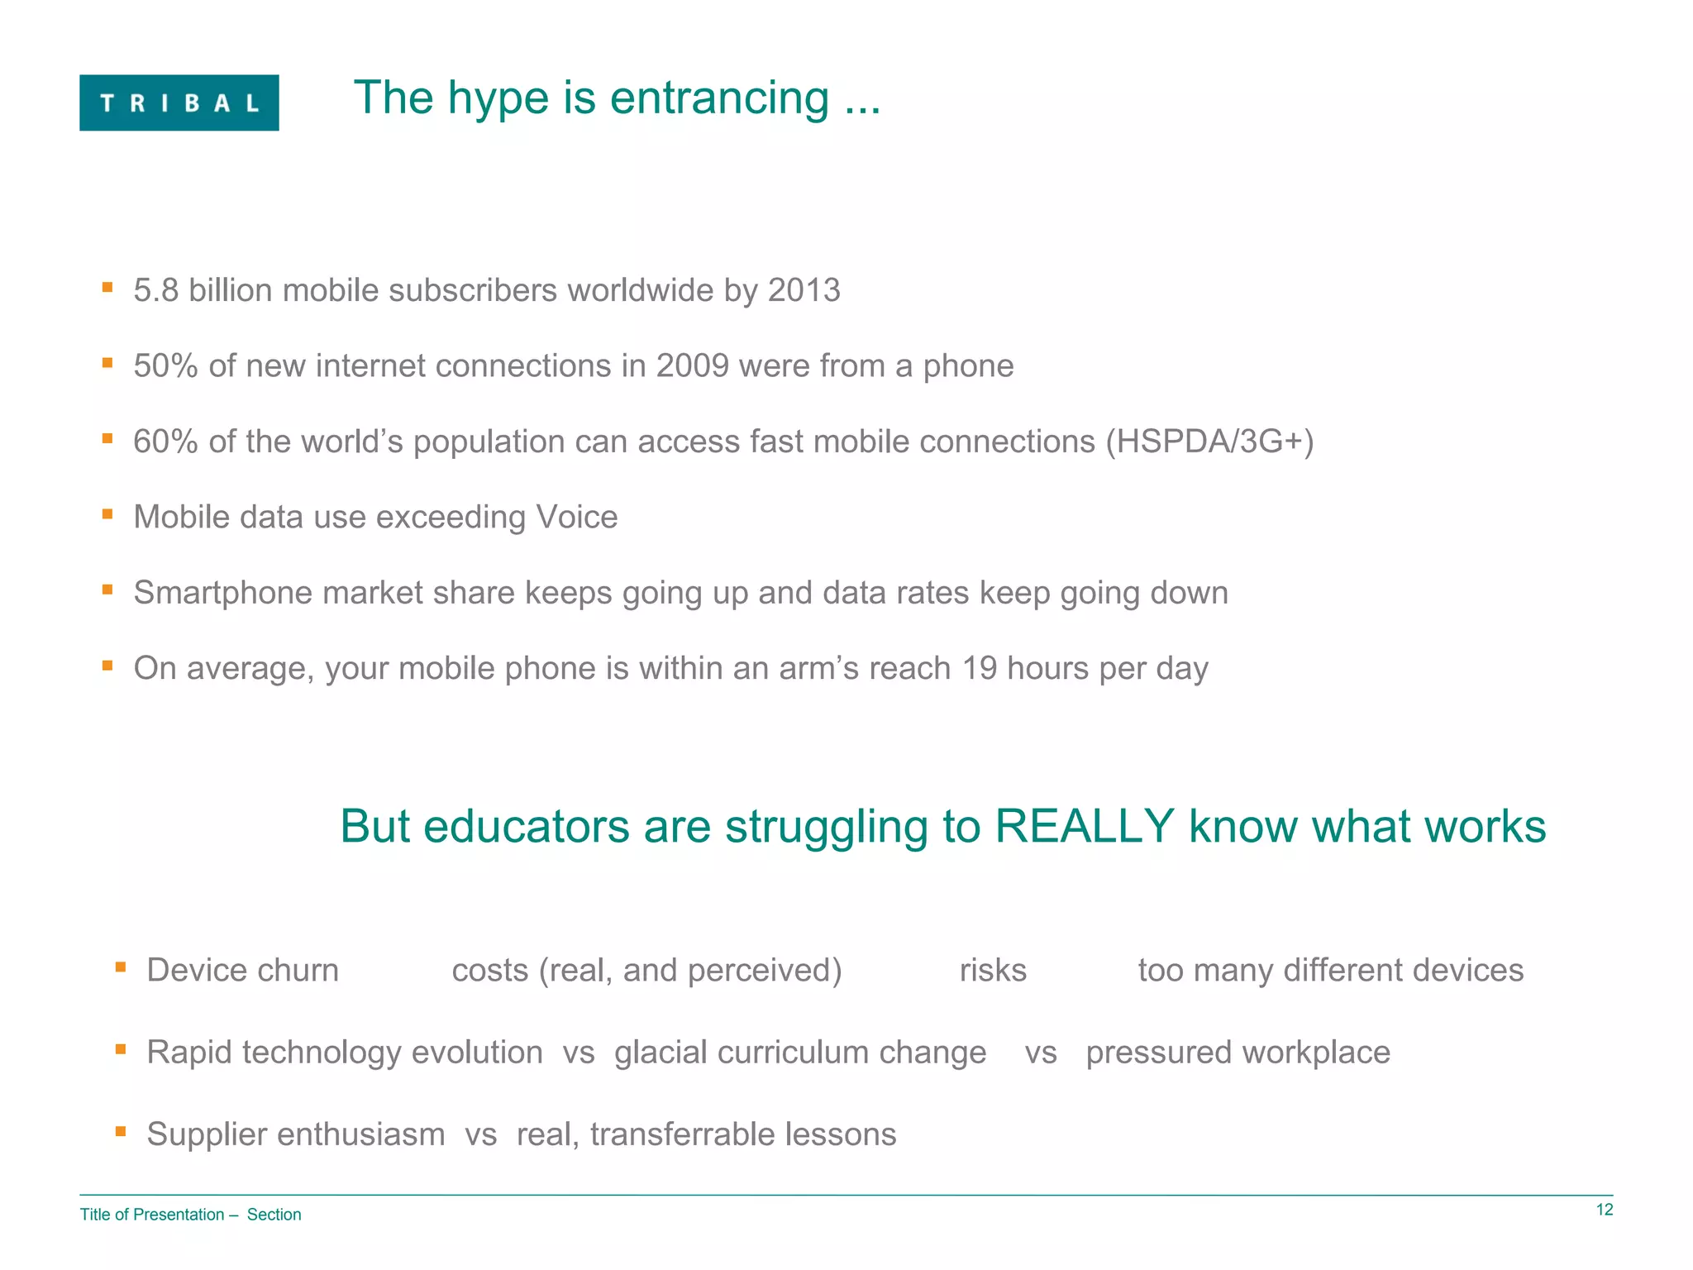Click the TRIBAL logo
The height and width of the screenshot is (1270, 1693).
tap(179, 103)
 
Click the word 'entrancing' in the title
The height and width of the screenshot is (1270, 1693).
tap(719, 98)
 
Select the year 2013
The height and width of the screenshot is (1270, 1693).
tap(804, 290)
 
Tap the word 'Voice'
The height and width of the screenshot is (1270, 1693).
tap(576, 517)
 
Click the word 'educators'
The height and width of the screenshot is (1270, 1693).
tap(527, 826)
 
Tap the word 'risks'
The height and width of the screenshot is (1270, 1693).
tap(993, 970)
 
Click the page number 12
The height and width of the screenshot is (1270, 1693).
tap(1604, 1210)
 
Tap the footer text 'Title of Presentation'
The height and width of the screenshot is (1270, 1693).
tap(152, 1215)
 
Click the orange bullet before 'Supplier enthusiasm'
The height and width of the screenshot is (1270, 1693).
tap(121, 1130)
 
